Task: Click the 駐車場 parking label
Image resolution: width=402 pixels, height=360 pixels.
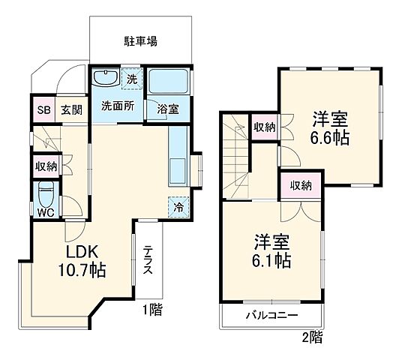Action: [140, 40]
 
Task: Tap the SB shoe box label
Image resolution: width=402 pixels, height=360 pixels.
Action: [43, 109]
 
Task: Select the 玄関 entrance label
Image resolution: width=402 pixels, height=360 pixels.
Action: [71, 109]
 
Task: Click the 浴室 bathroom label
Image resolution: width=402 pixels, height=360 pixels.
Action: [168, 109]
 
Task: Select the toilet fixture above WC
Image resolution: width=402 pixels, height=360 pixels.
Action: [46, 194]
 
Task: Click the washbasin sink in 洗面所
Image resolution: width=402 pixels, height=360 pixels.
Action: [106, 79]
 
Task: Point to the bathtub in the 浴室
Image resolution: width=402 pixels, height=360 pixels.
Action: [166, 81]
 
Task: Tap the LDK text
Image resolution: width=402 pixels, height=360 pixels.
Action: [73, 251]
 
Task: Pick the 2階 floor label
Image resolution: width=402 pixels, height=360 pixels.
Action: [313, 338]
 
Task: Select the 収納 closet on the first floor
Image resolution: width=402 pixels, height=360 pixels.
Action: [45, 166]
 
